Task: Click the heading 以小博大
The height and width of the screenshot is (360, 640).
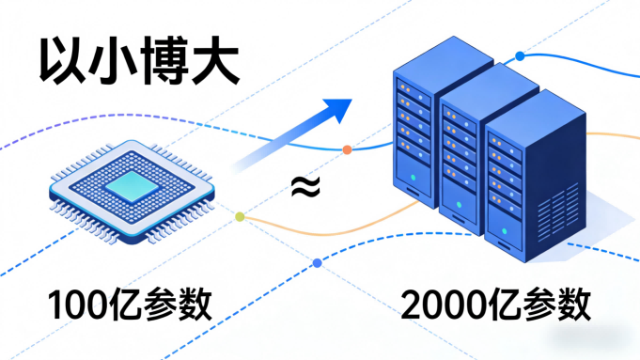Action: pos(137,64)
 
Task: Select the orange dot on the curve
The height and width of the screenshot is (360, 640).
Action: pos(347,149)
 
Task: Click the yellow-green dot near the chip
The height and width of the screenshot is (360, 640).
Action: pos(240,217)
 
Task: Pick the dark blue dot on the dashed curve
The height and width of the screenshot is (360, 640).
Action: pos(317,262)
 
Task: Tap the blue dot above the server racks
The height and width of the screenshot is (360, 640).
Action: pos(520,56)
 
